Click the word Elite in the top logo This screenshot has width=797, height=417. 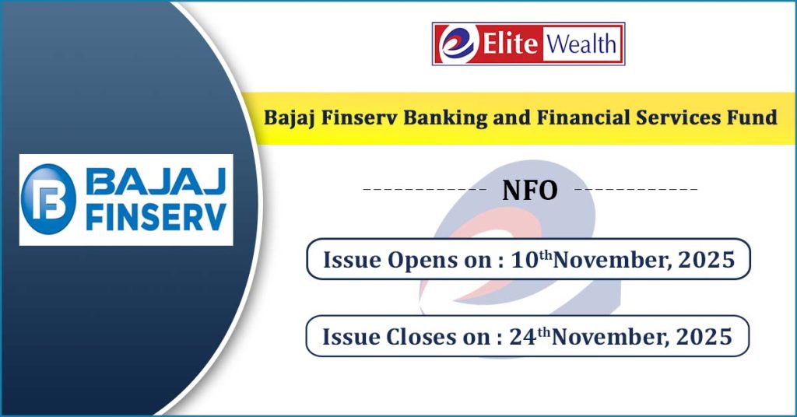pos(510,43)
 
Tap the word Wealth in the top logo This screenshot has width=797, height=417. pos(581,44)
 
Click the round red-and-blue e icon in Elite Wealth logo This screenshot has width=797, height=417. pos(458,44)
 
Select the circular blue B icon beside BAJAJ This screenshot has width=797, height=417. pos(49,199)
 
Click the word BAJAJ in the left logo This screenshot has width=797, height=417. pos(156,181)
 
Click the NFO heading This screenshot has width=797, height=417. pos(529,191)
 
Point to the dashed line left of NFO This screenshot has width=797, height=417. pos(425,190)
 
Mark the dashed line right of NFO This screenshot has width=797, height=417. pos(636,190)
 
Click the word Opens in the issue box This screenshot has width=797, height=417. pos(423,261)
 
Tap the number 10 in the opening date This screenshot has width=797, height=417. pos(525,260)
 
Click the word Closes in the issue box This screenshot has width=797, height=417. pos(421,337)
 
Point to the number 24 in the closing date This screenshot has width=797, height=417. pos(523,338)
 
